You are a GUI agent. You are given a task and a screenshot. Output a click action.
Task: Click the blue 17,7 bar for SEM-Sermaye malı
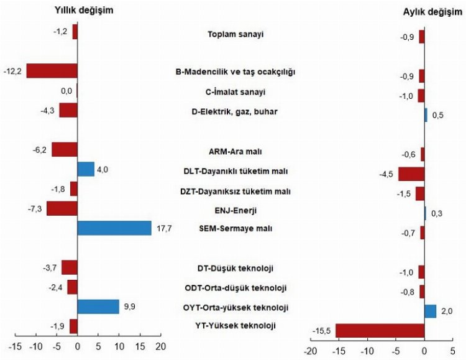(114, 228)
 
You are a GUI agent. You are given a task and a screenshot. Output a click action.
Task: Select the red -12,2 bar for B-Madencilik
(52, 71)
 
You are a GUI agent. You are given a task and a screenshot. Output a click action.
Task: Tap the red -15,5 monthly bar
(380, 331)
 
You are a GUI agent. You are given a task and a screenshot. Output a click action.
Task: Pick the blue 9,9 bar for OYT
(98, 307)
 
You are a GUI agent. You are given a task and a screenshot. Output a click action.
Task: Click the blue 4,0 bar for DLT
(86, 169)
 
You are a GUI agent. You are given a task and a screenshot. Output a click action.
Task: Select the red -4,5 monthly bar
(411, 173)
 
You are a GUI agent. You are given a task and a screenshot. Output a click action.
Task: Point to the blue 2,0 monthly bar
(430, 311)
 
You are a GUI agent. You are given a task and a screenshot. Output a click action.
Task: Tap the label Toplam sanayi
(235, 34)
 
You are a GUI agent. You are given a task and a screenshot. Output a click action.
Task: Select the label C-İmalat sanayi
(235, 92)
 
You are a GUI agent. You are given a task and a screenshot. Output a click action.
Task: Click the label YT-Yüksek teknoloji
(235, 325)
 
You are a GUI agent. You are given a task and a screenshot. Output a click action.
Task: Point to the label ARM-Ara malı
(235, 150)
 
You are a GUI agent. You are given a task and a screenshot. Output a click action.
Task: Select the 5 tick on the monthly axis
(452, 349)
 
